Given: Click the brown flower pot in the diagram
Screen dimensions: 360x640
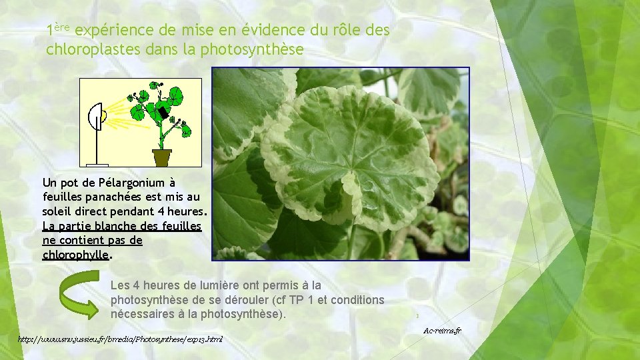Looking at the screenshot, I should tap(161, 157).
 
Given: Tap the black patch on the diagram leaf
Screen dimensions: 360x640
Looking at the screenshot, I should tap(161, 114).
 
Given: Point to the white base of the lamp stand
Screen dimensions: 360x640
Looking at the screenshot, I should tap(97, 164).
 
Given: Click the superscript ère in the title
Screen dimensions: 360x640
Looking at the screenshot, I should tap(61, 27).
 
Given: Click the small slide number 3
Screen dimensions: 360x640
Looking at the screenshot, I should tap(416, 316).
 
